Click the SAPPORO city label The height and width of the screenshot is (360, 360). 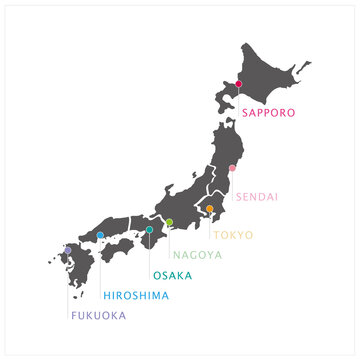[x=268, y=113]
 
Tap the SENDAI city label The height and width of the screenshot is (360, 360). [x=257, y=197]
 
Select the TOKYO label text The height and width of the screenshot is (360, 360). [x=234, y=236]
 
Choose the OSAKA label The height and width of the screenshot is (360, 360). [x=173, y=275]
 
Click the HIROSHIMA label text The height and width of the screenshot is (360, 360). [x=136, y=296]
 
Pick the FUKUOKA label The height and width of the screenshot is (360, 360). [x=97, y=316]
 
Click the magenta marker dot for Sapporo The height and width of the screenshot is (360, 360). [x=239, y=84]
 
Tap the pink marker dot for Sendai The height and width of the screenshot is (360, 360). [x=232, y=168]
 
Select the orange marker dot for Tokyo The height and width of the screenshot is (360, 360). [x=210, y=209]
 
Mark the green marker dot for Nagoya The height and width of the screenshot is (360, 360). [x=170, y=222]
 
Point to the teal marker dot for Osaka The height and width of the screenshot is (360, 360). [x=149, y=230]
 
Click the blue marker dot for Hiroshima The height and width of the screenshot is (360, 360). [x=101, y=235]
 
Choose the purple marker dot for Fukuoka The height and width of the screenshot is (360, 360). [x=68, y=250]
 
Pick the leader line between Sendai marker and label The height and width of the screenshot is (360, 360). [x=232, y=181]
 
